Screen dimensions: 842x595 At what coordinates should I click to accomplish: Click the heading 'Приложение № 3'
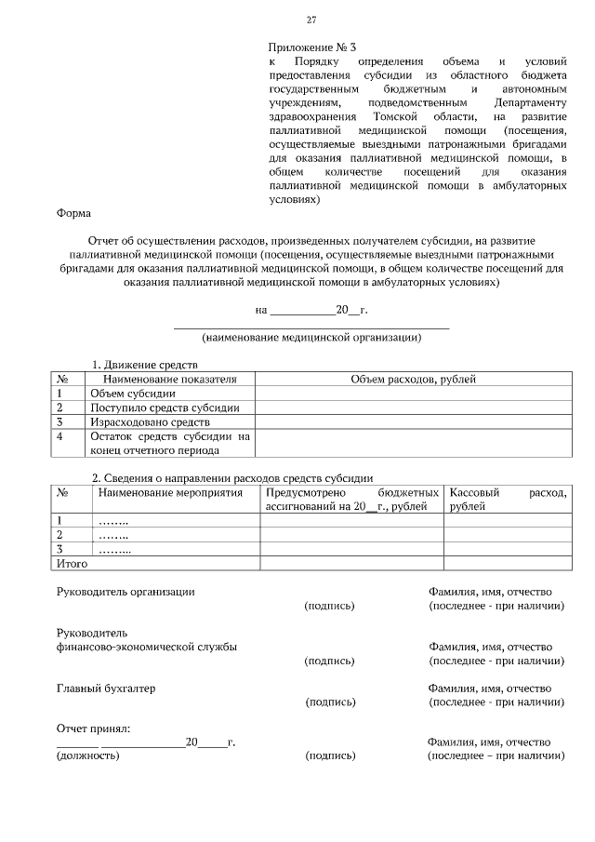(x=312, y=46)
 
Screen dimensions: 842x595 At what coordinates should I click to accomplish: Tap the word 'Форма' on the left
(x=73, y=213)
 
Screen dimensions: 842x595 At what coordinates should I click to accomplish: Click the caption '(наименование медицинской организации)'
(x=311, y=338)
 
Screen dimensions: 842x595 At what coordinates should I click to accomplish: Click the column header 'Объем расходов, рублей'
(x=414, y=380)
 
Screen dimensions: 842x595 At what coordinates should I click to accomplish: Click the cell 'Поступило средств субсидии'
(x=165, y=408)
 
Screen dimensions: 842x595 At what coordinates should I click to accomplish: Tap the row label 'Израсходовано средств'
(x=150, y=422)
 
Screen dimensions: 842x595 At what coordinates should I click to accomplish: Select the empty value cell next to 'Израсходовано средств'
(x=414, y=422)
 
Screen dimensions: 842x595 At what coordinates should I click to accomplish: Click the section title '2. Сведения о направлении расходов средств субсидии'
(x=231, y=477)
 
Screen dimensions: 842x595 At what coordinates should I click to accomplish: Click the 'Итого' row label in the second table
(x=73, y=564)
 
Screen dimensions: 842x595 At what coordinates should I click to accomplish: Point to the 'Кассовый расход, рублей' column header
(x=507, y=499)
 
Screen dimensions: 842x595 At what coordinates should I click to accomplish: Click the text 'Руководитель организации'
(x=126, y=592)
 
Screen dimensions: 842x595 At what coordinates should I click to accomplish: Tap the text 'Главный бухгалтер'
(x=106, y=688)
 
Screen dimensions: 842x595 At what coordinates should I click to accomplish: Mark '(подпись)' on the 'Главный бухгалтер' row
(x=330, y=702)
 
